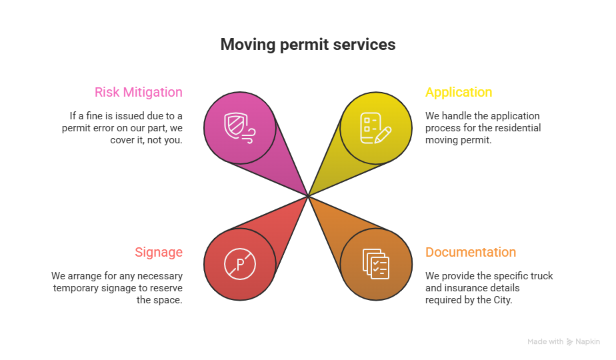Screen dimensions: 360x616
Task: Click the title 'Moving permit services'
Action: point(307,45)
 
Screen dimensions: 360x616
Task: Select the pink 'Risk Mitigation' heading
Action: point(138,92)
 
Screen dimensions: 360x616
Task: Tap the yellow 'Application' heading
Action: point(459,92)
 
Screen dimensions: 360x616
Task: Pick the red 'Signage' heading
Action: point(159,252)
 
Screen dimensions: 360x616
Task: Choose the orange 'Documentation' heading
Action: point(471,252)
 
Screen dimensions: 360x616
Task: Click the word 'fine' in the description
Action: point(94,116)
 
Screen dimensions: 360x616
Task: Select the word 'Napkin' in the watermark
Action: point(588,342)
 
